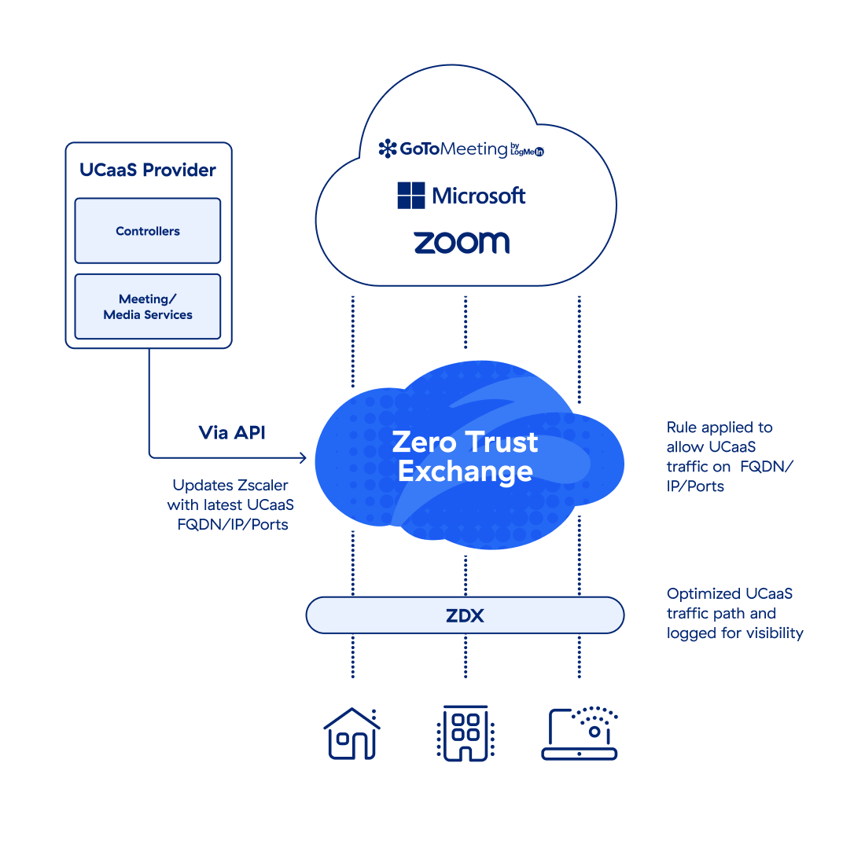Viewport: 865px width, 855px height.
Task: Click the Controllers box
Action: [x=148, y=231]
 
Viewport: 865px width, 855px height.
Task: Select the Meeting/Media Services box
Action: [x=148, y=306]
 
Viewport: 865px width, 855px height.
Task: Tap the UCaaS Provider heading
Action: [x=148, y=170]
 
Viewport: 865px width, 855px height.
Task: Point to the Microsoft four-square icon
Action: [x=411, y=196]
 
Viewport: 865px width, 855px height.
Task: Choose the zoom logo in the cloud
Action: [x=462, y=242]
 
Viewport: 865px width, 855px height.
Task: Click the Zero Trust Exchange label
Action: [x=466, y=456]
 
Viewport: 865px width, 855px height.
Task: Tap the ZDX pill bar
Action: [x=465, y=615]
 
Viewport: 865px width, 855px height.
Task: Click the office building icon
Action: [x=464, y=733]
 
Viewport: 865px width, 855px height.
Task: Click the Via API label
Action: [x=232, y=432]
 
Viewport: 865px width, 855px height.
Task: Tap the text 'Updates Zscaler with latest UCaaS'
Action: [x=231, y=495]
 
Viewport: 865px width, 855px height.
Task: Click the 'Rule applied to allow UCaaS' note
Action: [x=720, y=438]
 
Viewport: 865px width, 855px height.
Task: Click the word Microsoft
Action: [x=479, y=196]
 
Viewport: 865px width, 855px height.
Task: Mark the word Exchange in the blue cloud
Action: [x=466, y=471]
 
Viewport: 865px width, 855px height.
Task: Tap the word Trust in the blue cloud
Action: [x=500, y=442]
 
